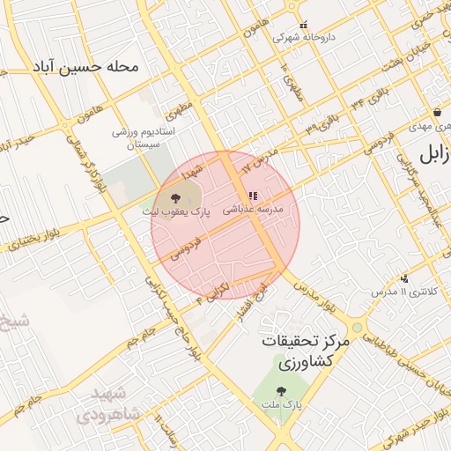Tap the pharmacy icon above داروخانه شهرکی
tap(305, 26)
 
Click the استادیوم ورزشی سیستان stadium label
tap(145, 137)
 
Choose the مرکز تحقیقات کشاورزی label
tap(306, 351)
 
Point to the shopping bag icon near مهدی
tap(438, 113)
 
